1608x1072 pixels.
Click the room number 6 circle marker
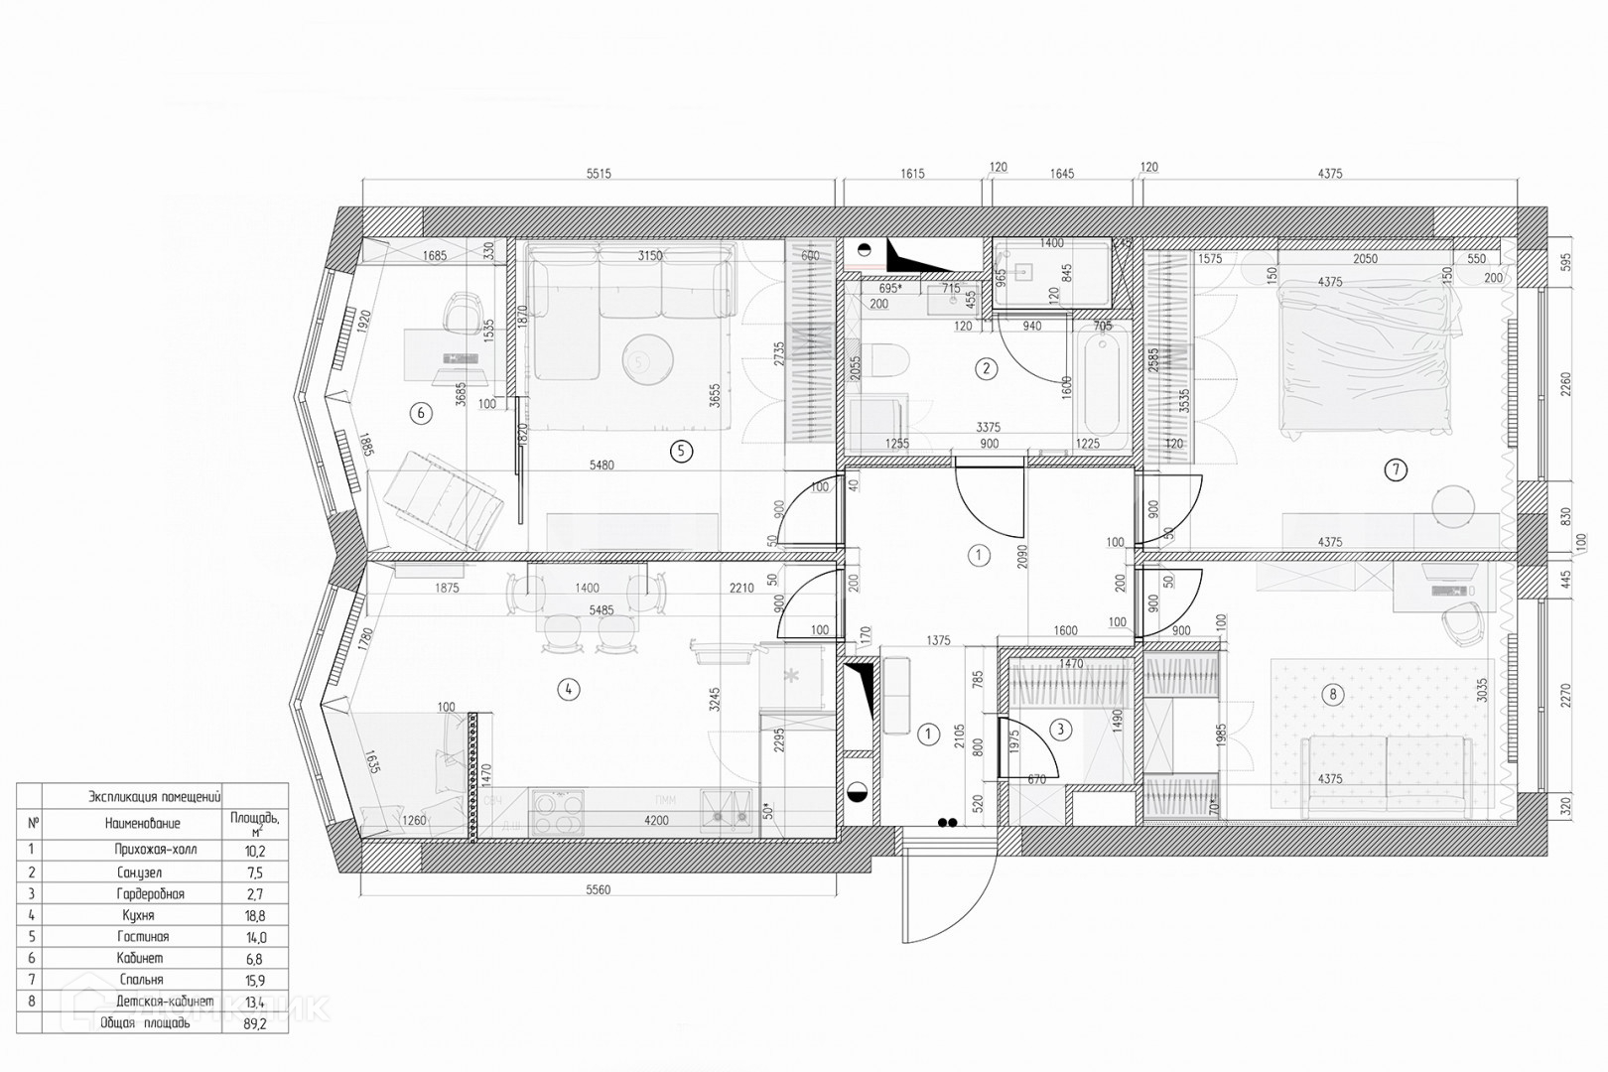pyautogui.click(x=422, y=413)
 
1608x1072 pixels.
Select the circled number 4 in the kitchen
pyautogui.click(x=568, y=689)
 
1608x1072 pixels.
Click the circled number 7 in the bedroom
pyautogui.click(x=1396, y=469)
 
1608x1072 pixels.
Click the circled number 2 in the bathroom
pyautogui.click(x=986, y=369)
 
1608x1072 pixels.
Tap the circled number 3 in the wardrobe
pyautogui.click(x=1060, y=731)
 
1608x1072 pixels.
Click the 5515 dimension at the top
pyautogui.click(x=599, y=174)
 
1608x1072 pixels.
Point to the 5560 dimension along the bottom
pyautogui.click(x=598, y=890)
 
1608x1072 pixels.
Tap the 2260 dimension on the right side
pyautogui.click(x=1566, y=382)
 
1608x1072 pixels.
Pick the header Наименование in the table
pyautogui.click(x=143, y=823)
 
